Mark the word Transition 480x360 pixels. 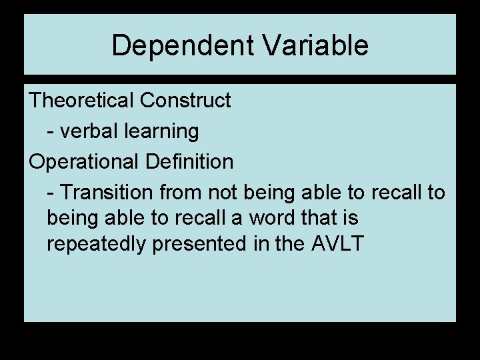tap(107, 193)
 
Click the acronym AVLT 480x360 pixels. tap(337, 244)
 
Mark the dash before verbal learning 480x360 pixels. tap(51, 132)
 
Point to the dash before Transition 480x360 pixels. tap(51, 193)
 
